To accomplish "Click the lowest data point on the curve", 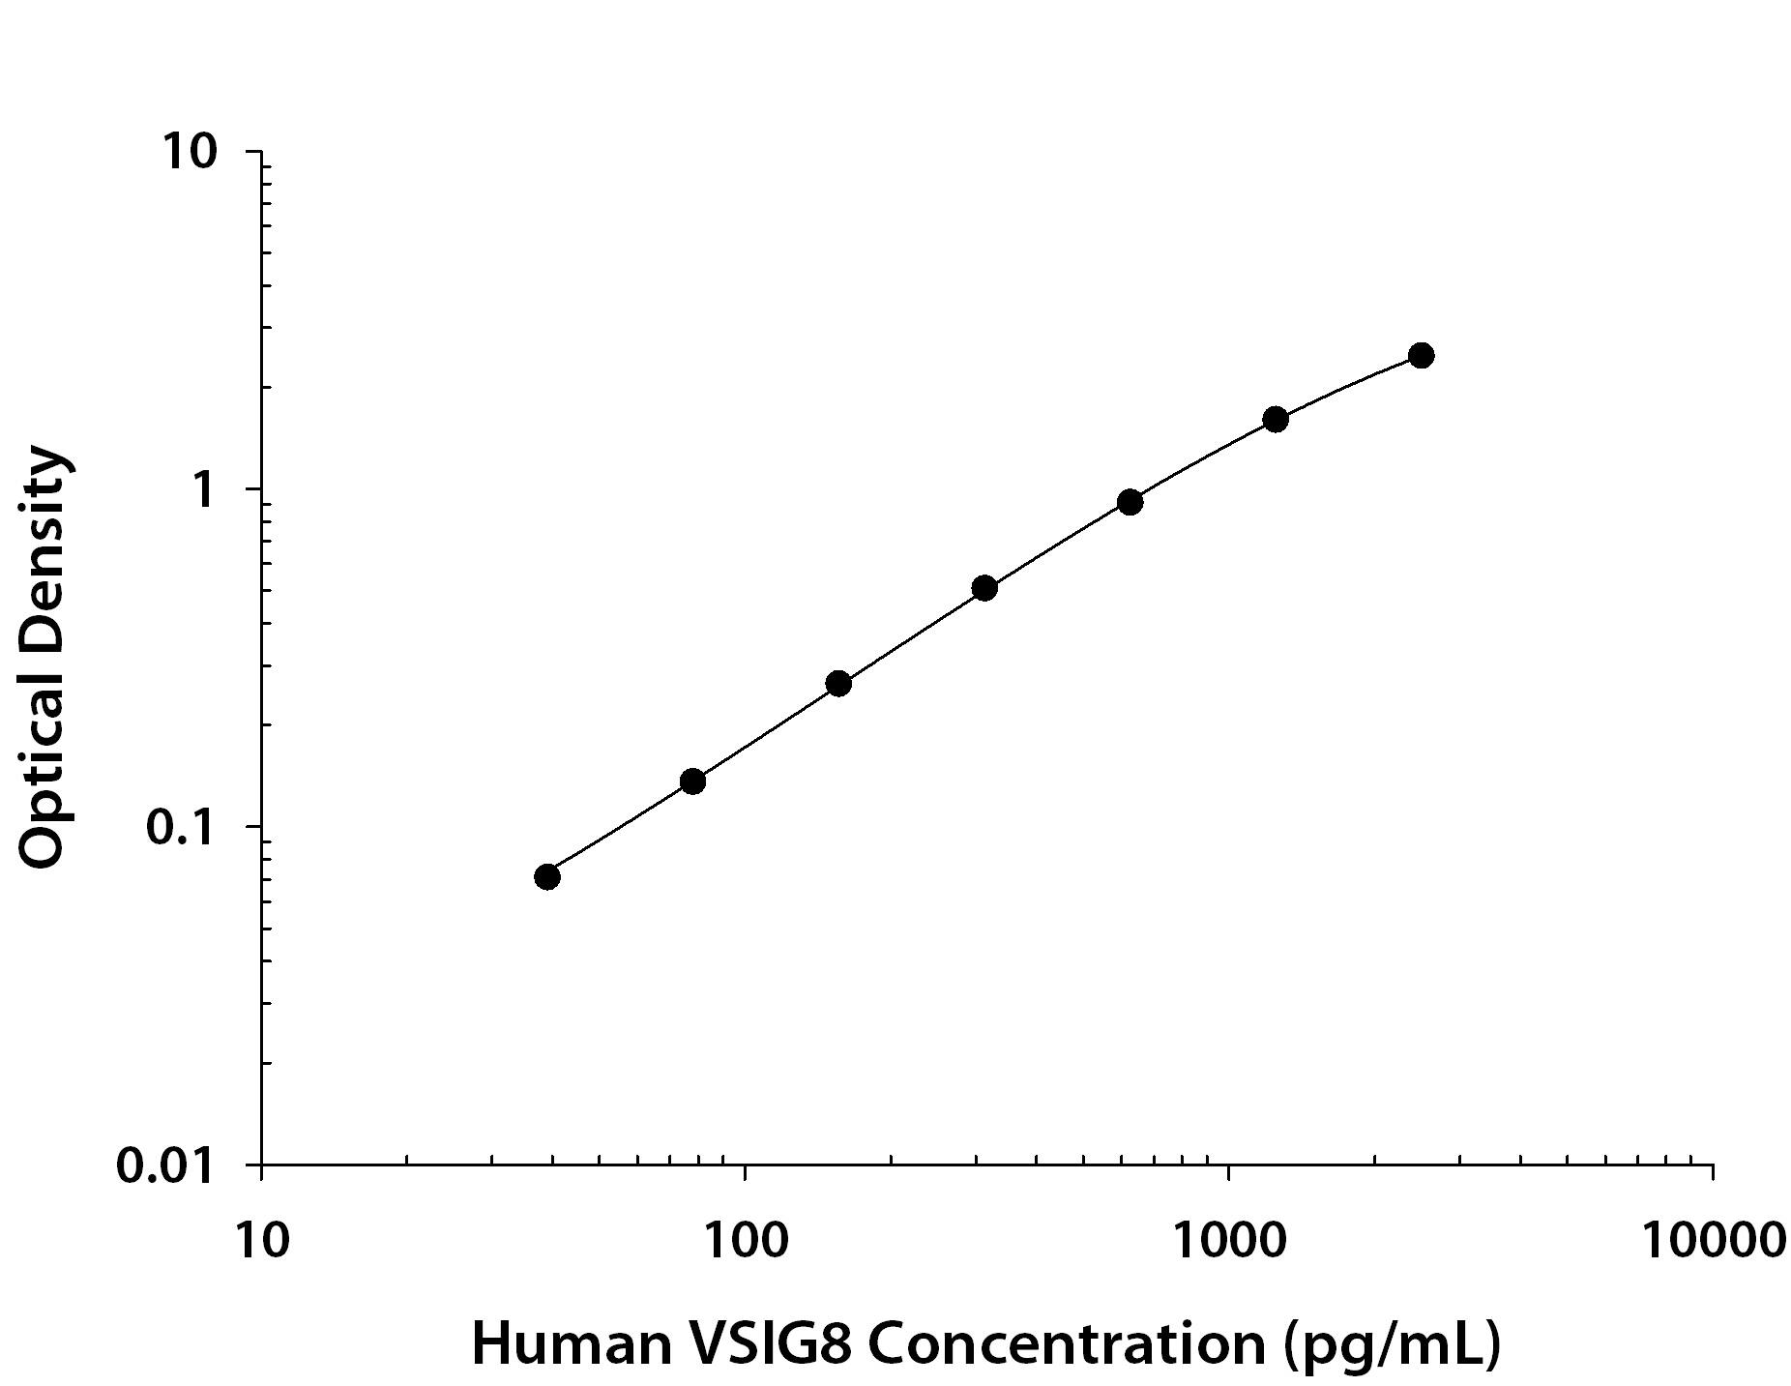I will [546, 876].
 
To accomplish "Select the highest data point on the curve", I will [1421, 355].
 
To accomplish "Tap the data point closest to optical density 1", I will [1130, 501].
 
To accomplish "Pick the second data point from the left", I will [692, 781].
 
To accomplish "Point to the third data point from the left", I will [838, 684].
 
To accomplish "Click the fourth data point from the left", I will [984, 587].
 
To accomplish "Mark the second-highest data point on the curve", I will [1275, 419].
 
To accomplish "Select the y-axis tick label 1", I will [202, 490].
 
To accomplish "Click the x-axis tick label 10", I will [261, 1240].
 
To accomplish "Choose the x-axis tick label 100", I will [744, 1240].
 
